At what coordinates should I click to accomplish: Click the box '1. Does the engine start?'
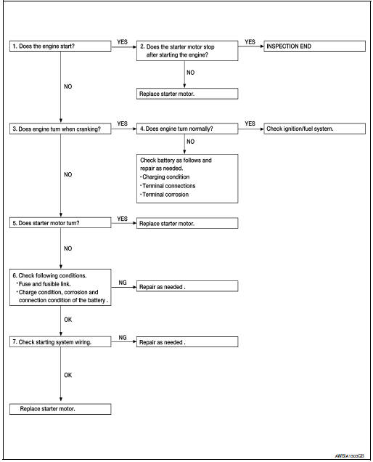click(x=60, y=46)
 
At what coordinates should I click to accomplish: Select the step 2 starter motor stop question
click(x=186, y=50)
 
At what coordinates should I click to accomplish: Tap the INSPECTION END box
click(x=313, y=46)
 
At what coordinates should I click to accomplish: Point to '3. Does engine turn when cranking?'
click(x=60, y=129)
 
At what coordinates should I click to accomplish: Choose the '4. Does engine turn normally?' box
click(x=186, y=129)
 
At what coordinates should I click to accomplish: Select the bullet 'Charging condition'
click(x=168, y=176)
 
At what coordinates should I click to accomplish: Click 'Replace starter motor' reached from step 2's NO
click(x=186, y=94)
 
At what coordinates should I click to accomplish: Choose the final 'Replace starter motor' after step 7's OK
click(x=60, y=409)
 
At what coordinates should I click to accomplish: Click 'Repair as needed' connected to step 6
click(x=186, y=288)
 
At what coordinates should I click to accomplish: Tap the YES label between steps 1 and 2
click(x=123, y=42)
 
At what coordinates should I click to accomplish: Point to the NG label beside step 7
click(x=123, y=338)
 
